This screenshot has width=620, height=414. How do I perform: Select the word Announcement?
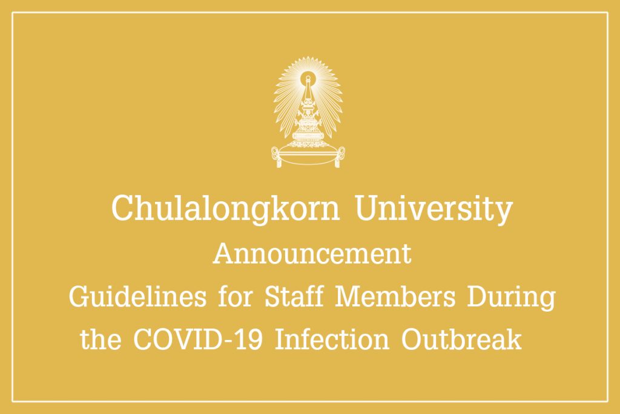point(312,254)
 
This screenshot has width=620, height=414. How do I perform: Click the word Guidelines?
point(137,298)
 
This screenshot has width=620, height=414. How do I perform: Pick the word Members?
point(395,297)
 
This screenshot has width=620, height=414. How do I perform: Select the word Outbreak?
point(461,339)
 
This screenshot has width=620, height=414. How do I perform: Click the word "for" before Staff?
point(236,296)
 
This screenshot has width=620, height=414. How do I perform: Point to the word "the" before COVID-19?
point(101,339)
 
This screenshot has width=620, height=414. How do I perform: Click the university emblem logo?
point(308,112)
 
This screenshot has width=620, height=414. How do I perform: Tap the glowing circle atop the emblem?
point(307,78)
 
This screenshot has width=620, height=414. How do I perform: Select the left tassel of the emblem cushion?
point(277,158)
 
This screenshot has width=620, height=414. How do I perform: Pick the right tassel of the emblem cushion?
point(339,158)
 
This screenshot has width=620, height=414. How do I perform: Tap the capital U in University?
point(369,208)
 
